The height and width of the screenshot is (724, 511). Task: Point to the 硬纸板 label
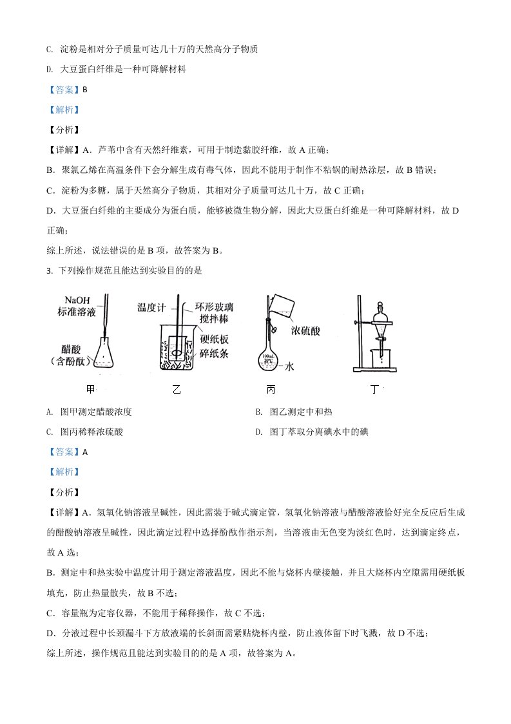click(211, 341)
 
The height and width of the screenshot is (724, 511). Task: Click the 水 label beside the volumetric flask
click(289, 367)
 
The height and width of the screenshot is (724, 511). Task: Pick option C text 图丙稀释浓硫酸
click(91, 432)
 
